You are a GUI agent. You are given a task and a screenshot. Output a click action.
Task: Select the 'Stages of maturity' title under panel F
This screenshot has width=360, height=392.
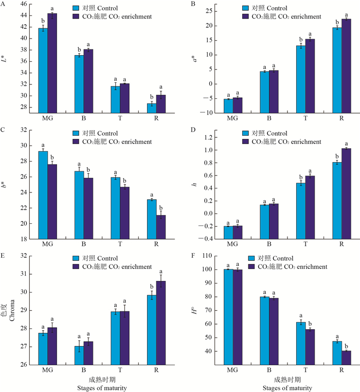coord(289,388)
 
